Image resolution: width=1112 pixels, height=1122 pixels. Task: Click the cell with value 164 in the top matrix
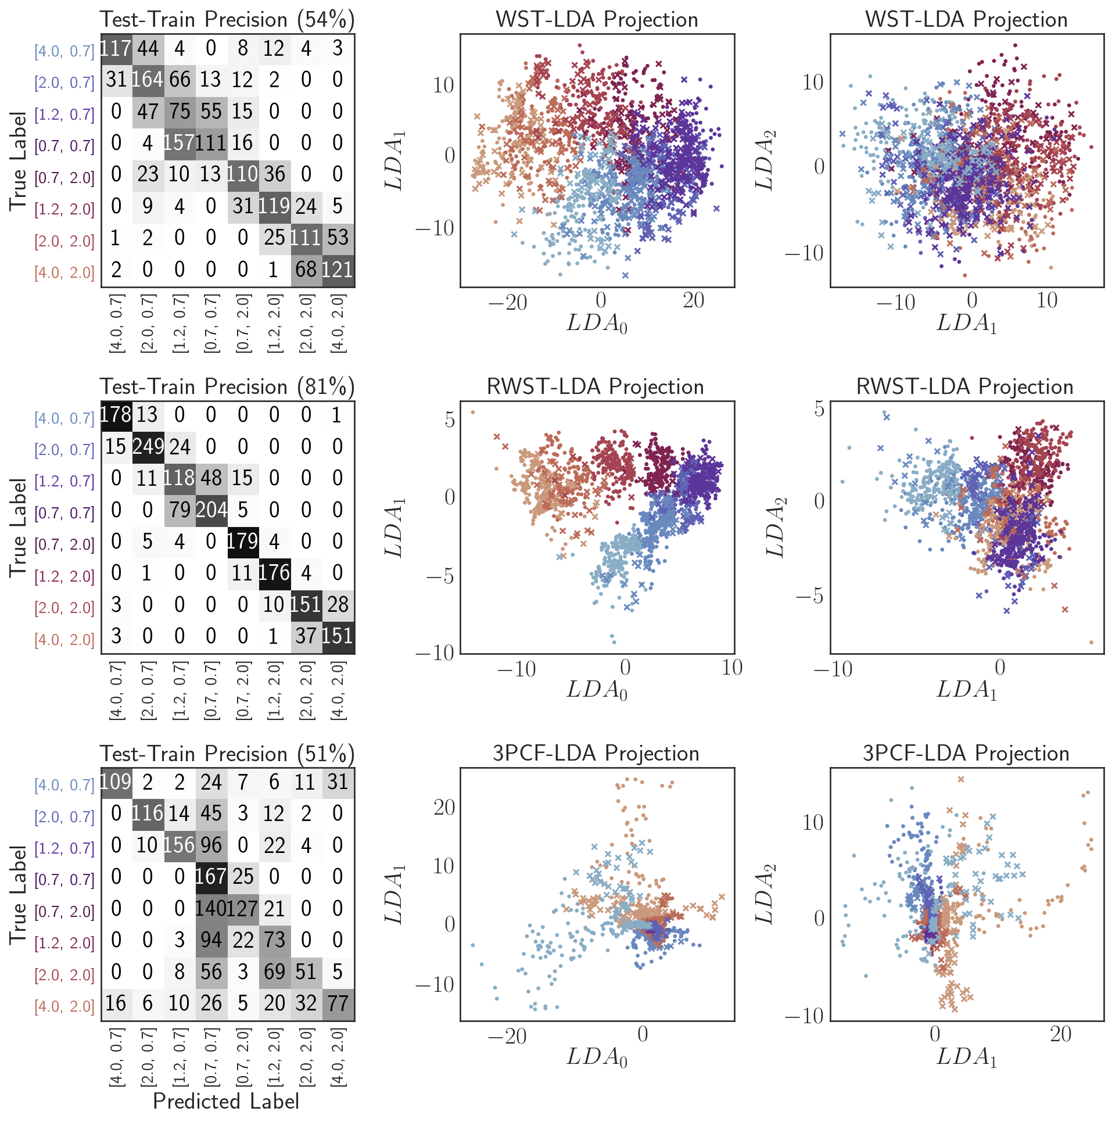click(148, 80)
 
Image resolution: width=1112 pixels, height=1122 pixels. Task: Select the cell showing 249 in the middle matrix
click(148, 446)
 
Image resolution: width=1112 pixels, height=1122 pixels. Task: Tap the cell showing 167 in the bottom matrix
click(211, 876)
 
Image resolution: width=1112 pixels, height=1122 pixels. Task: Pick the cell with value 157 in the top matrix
click(179, 143)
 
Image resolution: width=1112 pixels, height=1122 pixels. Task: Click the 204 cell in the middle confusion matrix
click(211, 510)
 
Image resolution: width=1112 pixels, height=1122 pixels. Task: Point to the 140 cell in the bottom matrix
click(211, 908)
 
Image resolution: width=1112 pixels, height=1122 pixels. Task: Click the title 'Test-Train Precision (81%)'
click(227, 387)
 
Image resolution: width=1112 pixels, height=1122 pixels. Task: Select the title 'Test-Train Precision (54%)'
click(227, 20)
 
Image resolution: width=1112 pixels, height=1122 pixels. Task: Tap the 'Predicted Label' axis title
click(226, 1101)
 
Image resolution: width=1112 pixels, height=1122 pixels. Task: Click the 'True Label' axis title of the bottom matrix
click(18, 895)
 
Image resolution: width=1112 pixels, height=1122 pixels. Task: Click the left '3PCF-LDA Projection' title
click(596, 754)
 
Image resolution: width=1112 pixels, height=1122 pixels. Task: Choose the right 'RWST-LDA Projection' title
click(965, 387)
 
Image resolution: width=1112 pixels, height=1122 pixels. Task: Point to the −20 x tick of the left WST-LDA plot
click(507, 302)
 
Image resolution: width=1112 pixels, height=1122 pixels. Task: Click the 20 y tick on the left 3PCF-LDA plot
click(444, 808)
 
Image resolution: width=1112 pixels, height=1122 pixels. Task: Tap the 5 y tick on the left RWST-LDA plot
click(449, 420)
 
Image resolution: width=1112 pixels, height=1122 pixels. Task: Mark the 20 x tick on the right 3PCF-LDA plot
click(1060, 1035)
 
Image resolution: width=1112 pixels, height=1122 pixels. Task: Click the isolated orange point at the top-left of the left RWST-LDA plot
click(472, 413)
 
